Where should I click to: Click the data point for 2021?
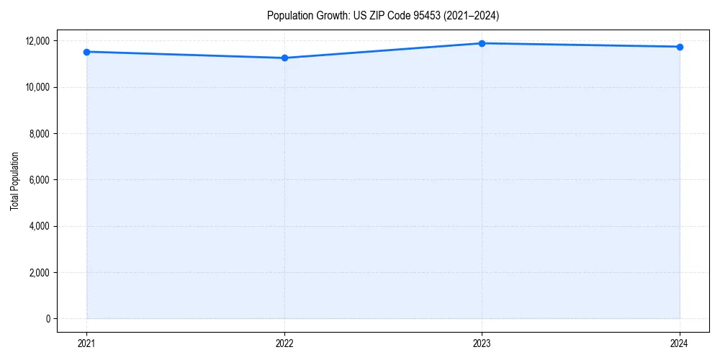pos(86,52)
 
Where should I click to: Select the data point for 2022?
pos(284,58)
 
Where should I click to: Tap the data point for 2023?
pos(482,43)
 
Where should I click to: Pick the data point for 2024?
pos(680,47)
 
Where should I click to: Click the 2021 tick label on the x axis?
pos(86,343)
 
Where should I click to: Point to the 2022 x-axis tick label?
pos(284,343)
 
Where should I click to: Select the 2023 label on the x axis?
pos(482,343)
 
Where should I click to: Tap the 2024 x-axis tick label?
pos(680,343)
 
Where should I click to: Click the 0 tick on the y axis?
pos(47,319)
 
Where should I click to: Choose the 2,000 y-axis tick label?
pos(40,273)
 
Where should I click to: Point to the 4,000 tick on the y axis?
pos(40,226)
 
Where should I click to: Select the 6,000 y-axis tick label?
pos(40,180)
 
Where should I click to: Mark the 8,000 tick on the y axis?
pos(40,134)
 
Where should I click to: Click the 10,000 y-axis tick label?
pos(37,87)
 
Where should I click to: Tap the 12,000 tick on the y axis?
pos(37,41)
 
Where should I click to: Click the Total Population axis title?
pos(14,180)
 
